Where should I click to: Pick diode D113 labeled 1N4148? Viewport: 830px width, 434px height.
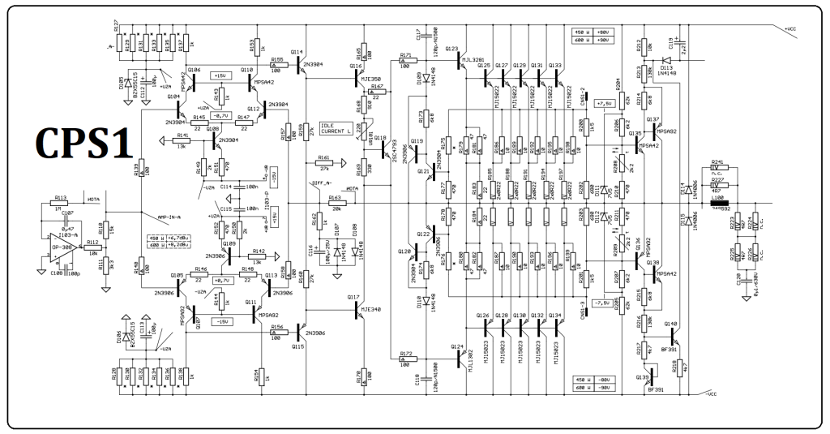665,59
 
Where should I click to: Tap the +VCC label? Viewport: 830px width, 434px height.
793,28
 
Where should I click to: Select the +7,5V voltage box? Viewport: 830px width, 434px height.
604,103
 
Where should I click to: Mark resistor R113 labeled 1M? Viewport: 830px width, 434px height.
62,204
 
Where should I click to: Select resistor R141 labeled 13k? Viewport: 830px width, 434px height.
182,140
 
